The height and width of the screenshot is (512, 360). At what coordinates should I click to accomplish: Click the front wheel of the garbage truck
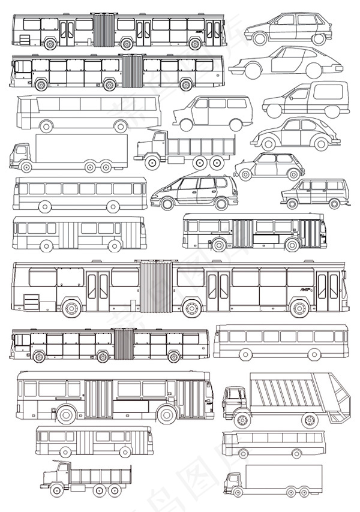[242, 420]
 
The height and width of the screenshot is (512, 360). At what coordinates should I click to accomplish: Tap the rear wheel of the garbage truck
[310, 420]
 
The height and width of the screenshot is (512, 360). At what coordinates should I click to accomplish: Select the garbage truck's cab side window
[234, 396]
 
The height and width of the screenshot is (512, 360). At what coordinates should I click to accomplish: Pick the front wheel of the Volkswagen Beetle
[268, 144]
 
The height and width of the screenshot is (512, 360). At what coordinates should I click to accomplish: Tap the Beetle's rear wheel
[321, 144]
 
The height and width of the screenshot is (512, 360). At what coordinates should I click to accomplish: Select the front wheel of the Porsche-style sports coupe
[253, 70]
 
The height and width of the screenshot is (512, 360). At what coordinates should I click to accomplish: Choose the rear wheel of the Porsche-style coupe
[313, 71]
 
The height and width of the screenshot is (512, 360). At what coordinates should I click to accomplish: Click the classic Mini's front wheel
[245, 174]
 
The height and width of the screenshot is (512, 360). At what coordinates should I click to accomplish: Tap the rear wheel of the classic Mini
[293, 174]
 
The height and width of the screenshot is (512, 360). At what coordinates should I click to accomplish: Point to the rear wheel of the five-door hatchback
[318, 39]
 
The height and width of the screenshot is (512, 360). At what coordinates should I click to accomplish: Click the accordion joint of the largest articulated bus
[155, 287]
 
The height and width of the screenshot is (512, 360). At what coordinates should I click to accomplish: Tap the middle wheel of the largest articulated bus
[191, 308]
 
